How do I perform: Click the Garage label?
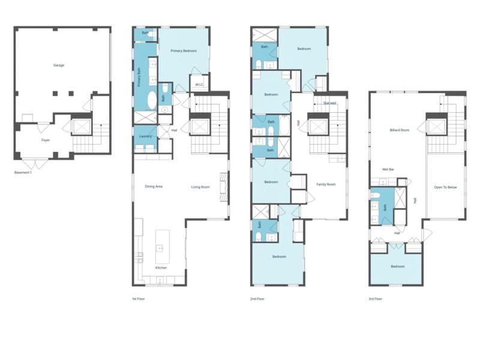tap(59, 65)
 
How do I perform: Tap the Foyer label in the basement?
tap(46, 140)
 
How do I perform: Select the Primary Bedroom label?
tap(184, 51)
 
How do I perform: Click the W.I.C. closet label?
tap(199, 85)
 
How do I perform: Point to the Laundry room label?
tap(145, 136)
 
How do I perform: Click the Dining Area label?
tap(154, 187)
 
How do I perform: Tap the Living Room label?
tap(200, 187)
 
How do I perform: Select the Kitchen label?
tap(161, 268)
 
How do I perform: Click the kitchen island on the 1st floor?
tap(163, 247)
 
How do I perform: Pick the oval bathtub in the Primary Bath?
tap(152, 100)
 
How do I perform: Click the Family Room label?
tap(326, 184)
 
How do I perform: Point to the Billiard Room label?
tap(400, 130)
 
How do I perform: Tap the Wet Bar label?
tap(388, 169)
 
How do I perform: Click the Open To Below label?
tap(445, 187)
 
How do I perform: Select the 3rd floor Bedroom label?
tap(398, 266)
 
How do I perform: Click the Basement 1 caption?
tap(23, 173)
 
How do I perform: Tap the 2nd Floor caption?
tap(257, 299)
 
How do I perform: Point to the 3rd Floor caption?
tap(376, 299)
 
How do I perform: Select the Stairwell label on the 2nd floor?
tap(329, 103)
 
